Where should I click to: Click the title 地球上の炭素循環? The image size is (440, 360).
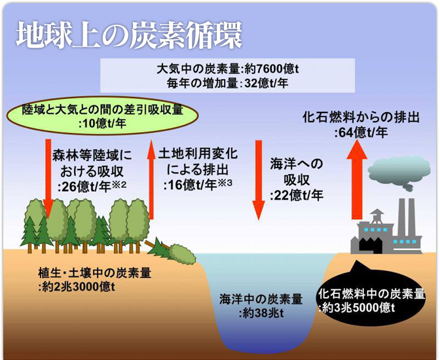129,35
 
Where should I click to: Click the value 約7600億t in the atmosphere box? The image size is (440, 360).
271,69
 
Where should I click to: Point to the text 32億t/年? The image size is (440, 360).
266,83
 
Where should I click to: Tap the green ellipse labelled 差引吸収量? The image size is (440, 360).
102,116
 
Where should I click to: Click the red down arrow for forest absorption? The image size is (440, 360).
48,179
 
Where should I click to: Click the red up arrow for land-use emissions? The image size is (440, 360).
151,179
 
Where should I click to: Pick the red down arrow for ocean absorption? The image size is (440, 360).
259,180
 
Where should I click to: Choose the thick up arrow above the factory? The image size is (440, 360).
357,179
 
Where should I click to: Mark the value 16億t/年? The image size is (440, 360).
191,185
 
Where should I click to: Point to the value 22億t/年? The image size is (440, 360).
297,196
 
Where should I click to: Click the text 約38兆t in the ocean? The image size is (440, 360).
261,313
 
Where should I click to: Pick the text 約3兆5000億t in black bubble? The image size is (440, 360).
357,308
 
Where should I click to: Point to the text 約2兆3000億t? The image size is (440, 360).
77,287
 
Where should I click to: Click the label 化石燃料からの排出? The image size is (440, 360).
361,117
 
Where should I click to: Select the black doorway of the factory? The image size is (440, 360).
371,246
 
